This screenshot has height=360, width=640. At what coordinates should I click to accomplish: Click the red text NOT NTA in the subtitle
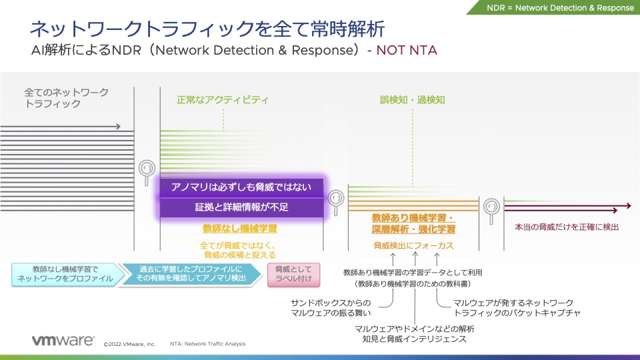click(407, 50)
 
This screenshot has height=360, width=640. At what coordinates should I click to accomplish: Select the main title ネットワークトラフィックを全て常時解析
click(207, 29)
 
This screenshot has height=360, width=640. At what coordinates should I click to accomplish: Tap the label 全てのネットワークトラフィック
click(66, 97)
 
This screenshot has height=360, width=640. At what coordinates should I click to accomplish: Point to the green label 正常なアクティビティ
click(223, 100)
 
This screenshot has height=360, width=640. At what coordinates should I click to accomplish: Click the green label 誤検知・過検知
click(413, 100)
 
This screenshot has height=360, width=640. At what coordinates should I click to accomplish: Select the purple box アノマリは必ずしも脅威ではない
click(241, 187)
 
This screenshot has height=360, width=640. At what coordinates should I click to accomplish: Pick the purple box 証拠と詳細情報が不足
click(241, 207)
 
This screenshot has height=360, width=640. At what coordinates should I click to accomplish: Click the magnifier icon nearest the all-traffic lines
click(147, 171)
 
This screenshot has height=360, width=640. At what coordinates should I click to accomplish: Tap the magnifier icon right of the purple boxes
click(335, 198)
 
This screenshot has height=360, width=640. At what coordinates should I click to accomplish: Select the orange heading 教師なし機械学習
click(239, 229)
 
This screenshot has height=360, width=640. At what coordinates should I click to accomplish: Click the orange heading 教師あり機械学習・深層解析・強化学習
click(413, 223)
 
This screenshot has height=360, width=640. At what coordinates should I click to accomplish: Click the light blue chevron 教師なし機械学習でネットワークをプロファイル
click(65, 274)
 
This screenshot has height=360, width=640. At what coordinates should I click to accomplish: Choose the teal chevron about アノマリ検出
click(189, 274)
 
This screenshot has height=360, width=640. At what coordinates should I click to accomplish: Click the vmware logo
click(63, 341)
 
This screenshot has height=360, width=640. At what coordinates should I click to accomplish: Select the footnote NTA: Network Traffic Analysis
click(207, 344)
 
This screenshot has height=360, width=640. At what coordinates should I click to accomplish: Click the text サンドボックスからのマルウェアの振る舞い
click(331, 307)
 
